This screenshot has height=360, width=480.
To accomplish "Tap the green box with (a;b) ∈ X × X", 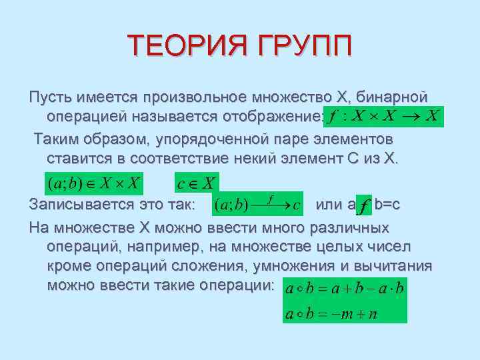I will tap(93, 182).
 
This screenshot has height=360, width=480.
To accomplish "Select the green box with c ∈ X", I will tap(197, 182).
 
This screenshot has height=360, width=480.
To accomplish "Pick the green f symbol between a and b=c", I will tap(363, 207).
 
